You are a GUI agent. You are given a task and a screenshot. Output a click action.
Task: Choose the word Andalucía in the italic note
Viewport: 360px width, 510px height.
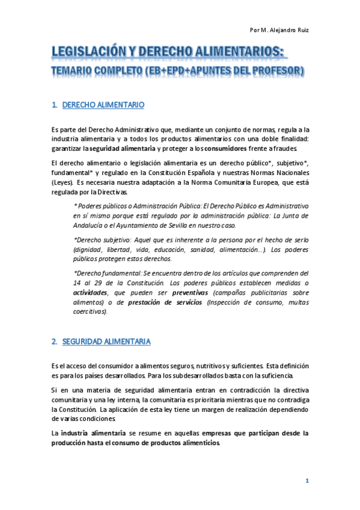[90, 226]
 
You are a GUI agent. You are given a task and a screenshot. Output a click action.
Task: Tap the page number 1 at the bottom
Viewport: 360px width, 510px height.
[307, 481]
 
